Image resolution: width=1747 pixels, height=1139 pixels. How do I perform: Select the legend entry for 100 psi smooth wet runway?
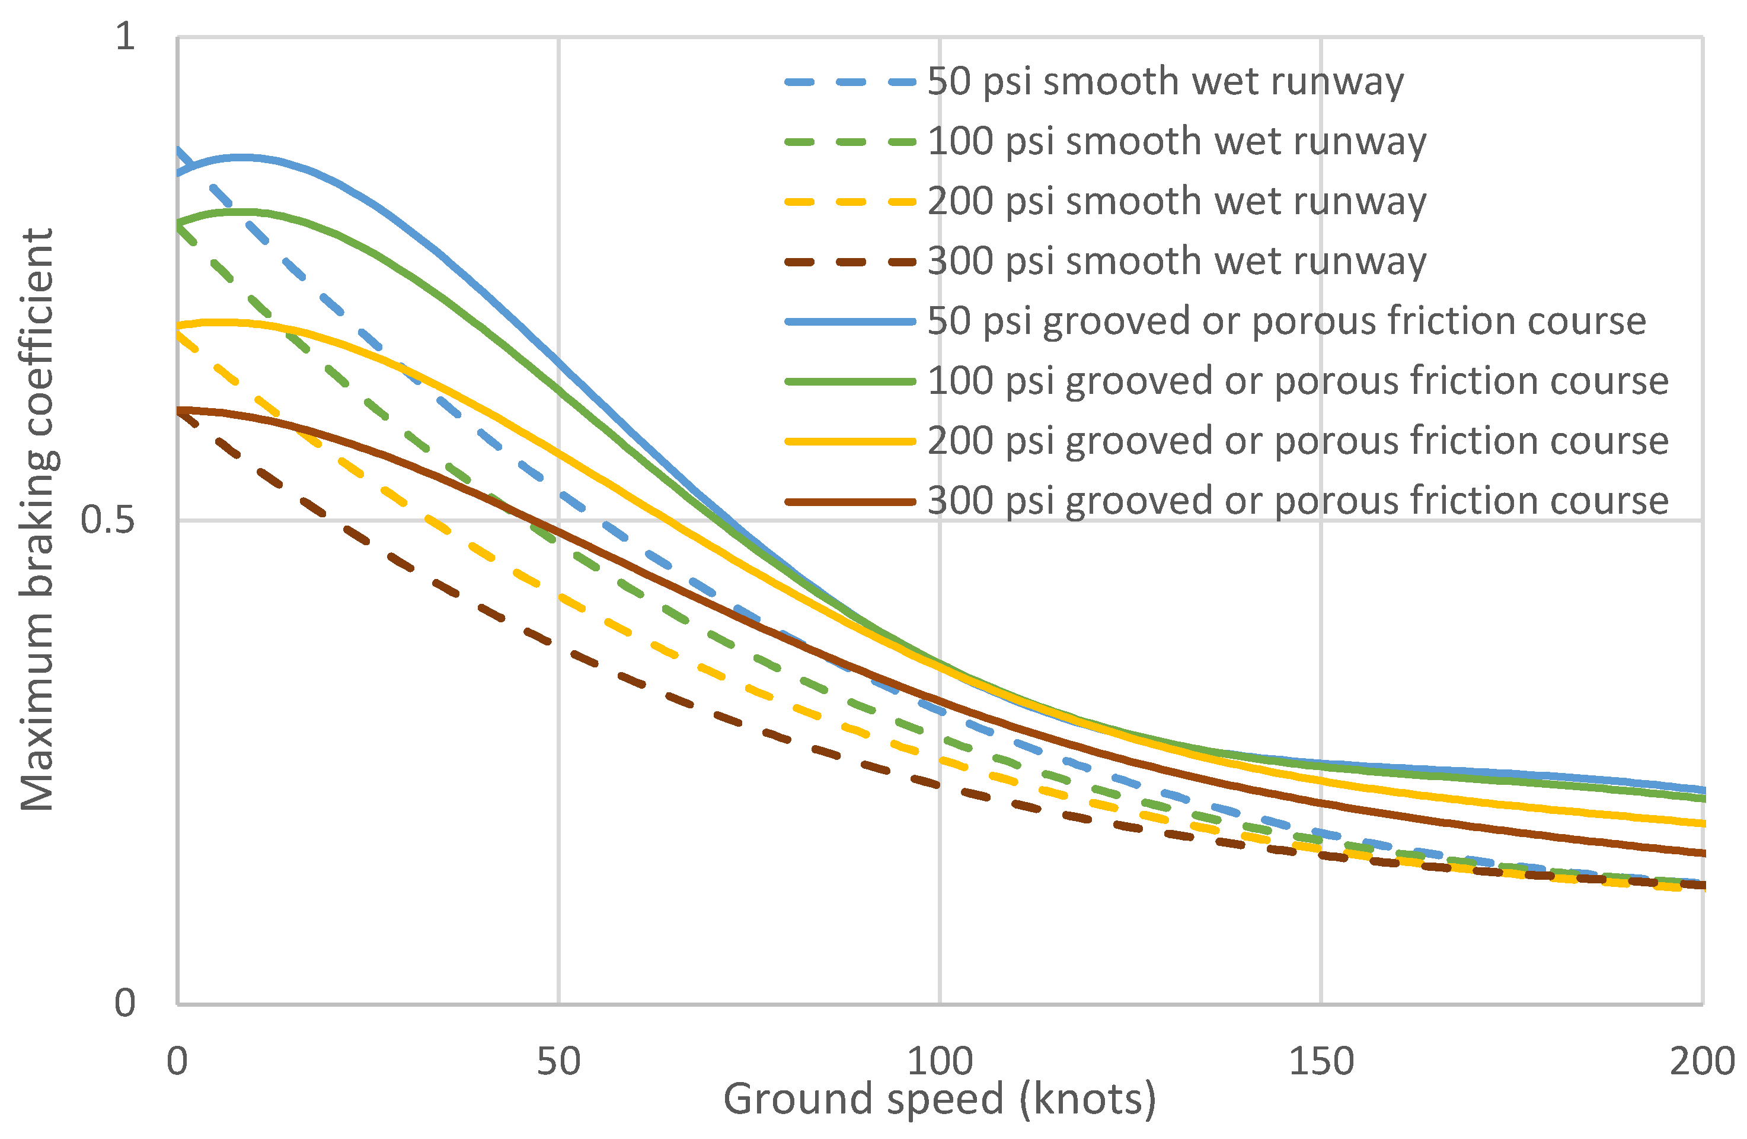pos(1176,141)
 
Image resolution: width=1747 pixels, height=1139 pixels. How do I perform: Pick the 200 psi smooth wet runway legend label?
pos(1176,201)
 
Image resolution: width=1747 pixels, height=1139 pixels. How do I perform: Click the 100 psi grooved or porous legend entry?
pos(1297,381)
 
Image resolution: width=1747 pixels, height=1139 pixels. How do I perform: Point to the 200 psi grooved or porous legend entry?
pos(1297,441)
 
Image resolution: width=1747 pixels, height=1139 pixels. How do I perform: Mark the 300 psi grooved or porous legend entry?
pos(1297,501)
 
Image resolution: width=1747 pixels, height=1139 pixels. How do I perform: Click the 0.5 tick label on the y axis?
pos(107,520)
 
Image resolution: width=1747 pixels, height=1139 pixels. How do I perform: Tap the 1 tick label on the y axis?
pos(126,36)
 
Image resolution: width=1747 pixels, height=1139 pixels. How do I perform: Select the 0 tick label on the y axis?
pos(124,1003)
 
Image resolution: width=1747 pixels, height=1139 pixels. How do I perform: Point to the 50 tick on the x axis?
pos(558,1062)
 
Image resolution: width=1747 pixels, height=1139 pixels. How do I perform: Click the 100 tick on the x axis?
pos(940,1062)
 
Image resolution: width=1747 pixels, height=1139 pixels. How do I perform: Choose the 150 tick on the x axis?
pos(1321,1062)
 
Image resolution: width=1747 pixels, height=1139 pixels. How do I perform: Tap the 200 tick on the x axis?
pos(1701,1062)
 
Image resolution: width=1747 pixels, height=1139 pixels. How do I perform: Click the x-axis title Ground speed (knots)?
pos(940,1100)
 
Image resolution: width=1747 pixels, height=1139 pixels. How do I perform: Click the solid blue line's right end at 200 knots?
pos(1701,790)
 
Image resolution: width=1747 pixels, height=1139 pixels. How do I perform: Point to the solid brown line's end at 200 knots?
pos(1701,853)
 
